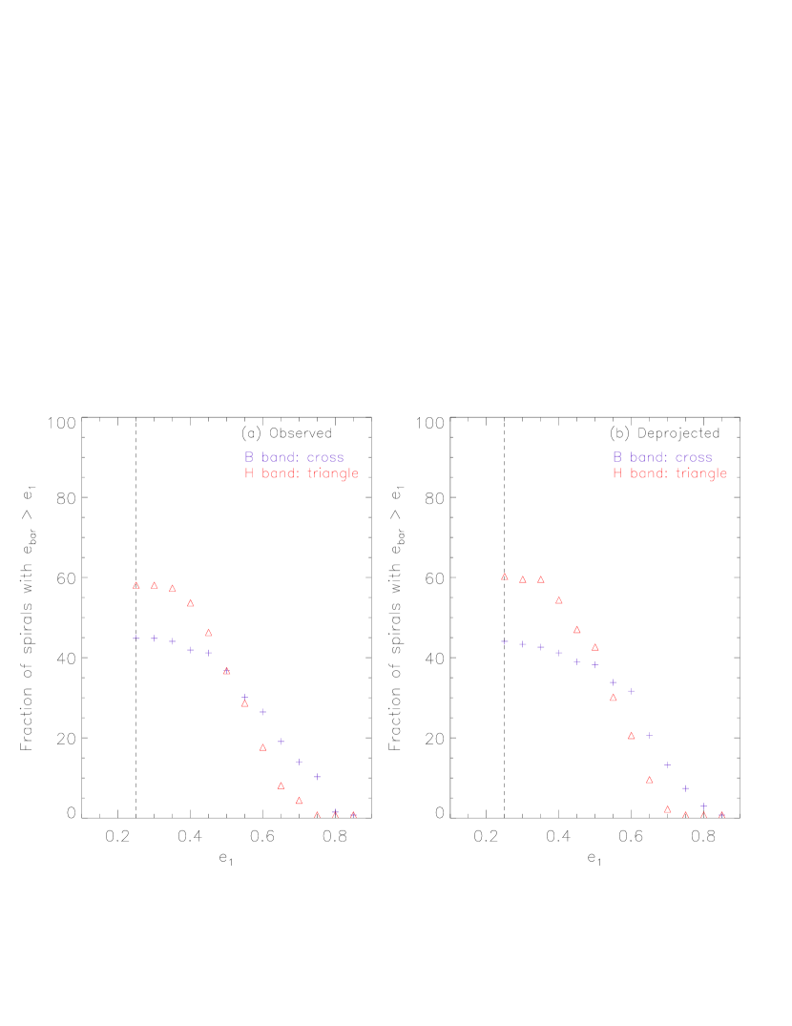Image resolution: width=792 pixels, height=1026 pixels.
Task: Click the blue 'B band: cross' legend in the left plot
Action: (294, 457)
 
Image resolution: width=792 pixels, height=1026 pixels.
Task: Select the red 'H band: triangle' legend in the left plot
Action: (302, 473)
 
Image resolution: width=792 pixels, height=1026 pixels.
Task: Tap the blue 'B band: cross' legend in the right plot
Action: (662, 457)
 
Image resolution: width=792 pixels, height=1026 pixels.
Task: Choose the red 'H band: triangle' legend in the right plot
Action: (670, 473)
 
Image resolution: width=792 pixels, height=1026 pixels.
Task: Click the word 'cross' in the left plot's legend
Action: (325, 457)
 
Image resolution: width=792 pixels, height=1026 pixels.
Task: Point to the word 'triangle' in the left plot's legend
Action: (333, 473)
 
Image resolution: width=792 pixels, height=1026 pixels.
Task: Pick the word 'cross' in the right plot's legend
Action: (694, 457)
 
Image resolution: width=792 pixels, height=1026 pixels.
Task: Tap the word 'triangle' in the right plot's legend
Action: (701, 473)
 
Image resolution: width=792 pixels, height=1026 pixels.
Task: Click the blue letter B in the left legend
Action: (249, 457)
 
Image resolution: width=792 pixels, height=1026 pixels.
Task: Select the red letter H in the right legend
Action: (617, 473)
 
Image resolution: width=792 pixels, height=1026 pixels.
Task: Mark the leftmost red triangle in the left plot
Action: (136, 585)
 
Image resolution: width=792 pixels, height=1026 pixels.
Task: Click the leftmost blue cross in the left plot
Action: (136, 638)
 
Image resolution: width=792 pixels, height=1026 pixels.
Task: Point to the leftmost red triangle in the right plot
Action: (505, 576)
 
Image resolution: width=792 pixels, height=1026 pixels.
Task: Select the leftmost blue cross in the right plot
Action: (505, 642)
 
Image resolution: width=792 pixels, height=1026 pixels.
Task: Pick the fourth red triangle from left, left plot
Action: (191, 603)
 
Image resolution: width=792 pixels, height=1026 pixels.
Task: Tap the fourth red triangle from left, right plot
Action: (559, 600)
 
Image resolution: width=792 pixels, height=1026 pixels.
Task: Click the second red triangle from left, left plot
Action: (155, 585)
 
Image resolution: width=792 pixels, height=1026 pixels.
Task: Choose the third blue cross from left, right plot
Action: (541, 647)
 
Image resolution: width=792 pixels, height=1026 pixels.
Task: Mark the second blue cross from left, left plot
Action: (155, 639)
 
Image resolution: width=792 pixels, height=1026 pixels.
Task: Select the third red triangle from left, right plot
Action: (541, 579)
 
